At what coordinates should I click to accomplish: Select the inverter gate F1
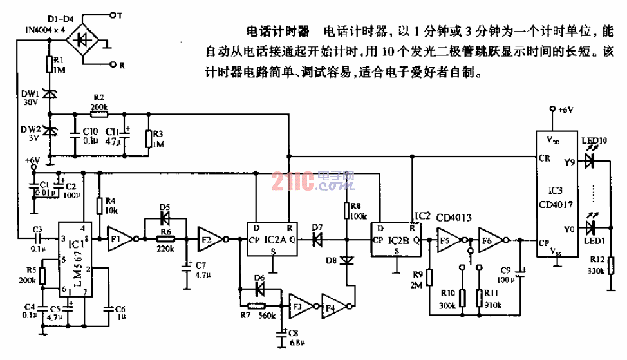tap(119, 238)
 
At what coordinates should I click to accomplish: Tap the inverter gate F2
tap(209, 238)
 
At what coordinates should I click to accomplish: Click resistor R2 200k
tap(98, 115)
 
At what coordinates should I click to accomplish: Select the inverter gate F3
tap(301, 306)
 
